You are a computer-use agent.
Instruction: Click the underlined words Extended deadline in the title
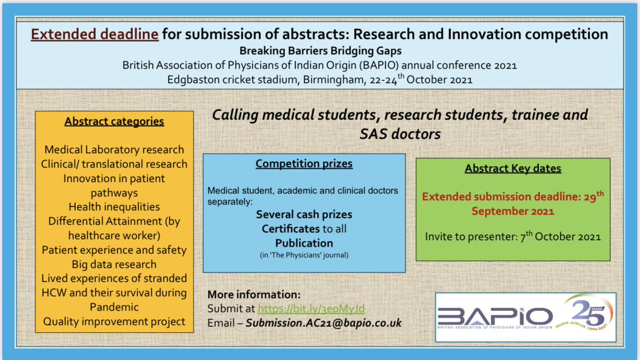click(94, 34)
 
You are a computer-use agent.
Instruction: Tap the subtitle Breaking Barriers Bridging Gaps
click(321, 51)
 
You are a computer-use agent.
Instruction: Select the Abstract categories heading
click(114, 122)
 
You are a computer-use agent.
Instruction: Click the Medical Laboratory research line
click(114, 150)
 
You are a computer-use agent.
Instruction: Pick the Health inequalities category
click(114, 207)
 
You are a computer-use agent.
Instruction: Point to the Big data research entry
click(114, 265)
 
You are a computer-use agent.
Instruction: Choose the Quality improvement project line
click(114, 322)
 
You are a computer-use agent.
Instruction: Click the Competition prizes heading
click(304, 164)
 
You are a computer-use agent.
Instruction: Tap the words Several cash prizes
click(304, 214)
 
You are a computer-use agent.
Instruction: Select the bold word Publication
click(304, 243)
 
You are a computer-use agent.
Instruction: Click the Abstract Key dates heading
click(513, 169)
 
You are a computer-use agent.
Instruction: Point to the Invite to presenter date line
click(513, 236)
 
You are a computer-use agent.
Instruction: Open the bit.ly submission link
click(311, 309)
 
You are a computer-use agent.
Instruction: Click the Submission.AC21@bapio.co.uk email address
click(323, 323)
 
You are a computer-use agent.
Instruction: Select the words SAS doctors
click(400, 134)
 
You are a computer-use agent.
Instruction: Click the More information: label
click(254, 294)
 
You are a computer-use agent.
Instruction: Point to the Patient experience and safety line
click(114, 250)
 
